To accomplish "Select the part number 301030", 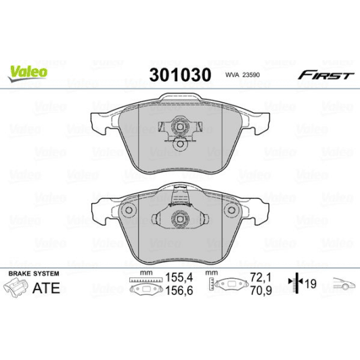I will [179, 73].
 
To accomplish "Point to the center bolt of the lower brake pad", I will [179, 219].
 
